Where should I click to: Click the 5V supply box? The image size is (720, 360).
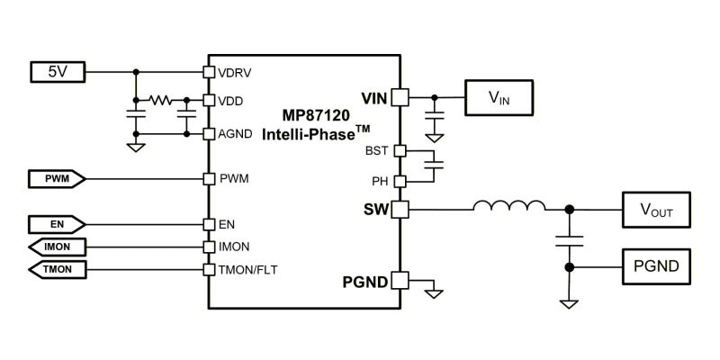coord(56,71)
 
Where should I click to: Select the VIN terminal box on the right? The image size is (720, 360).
coord(498,97)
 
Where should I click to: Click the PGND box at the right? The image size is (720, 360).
coord(655,267)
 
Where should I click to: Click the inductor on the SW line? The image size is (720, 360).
coord(509,209)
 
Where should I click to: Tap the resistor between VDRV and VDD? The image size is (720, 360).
coord(161,100)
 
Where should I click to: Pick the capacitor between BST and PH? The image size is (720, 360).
coord(438,165)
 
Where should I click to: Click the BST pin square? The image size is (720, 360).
coord(400,150)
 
